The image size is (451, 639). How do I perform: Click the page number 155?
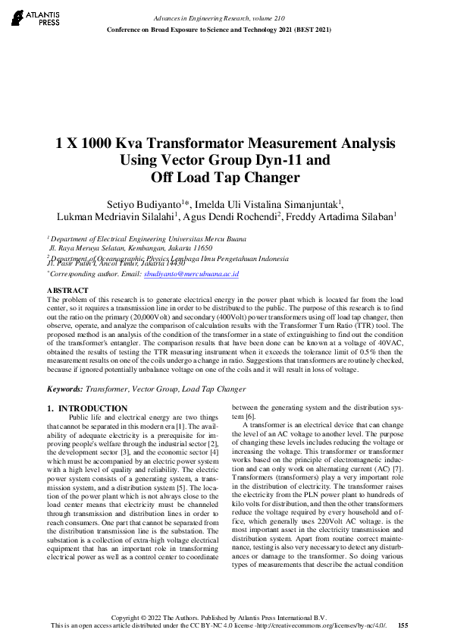tap(403, 625)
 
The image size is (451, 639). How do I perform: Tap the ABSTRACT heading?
tap(67, 291)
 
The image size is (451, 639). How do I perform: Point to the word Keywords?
tap(64, 389)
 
